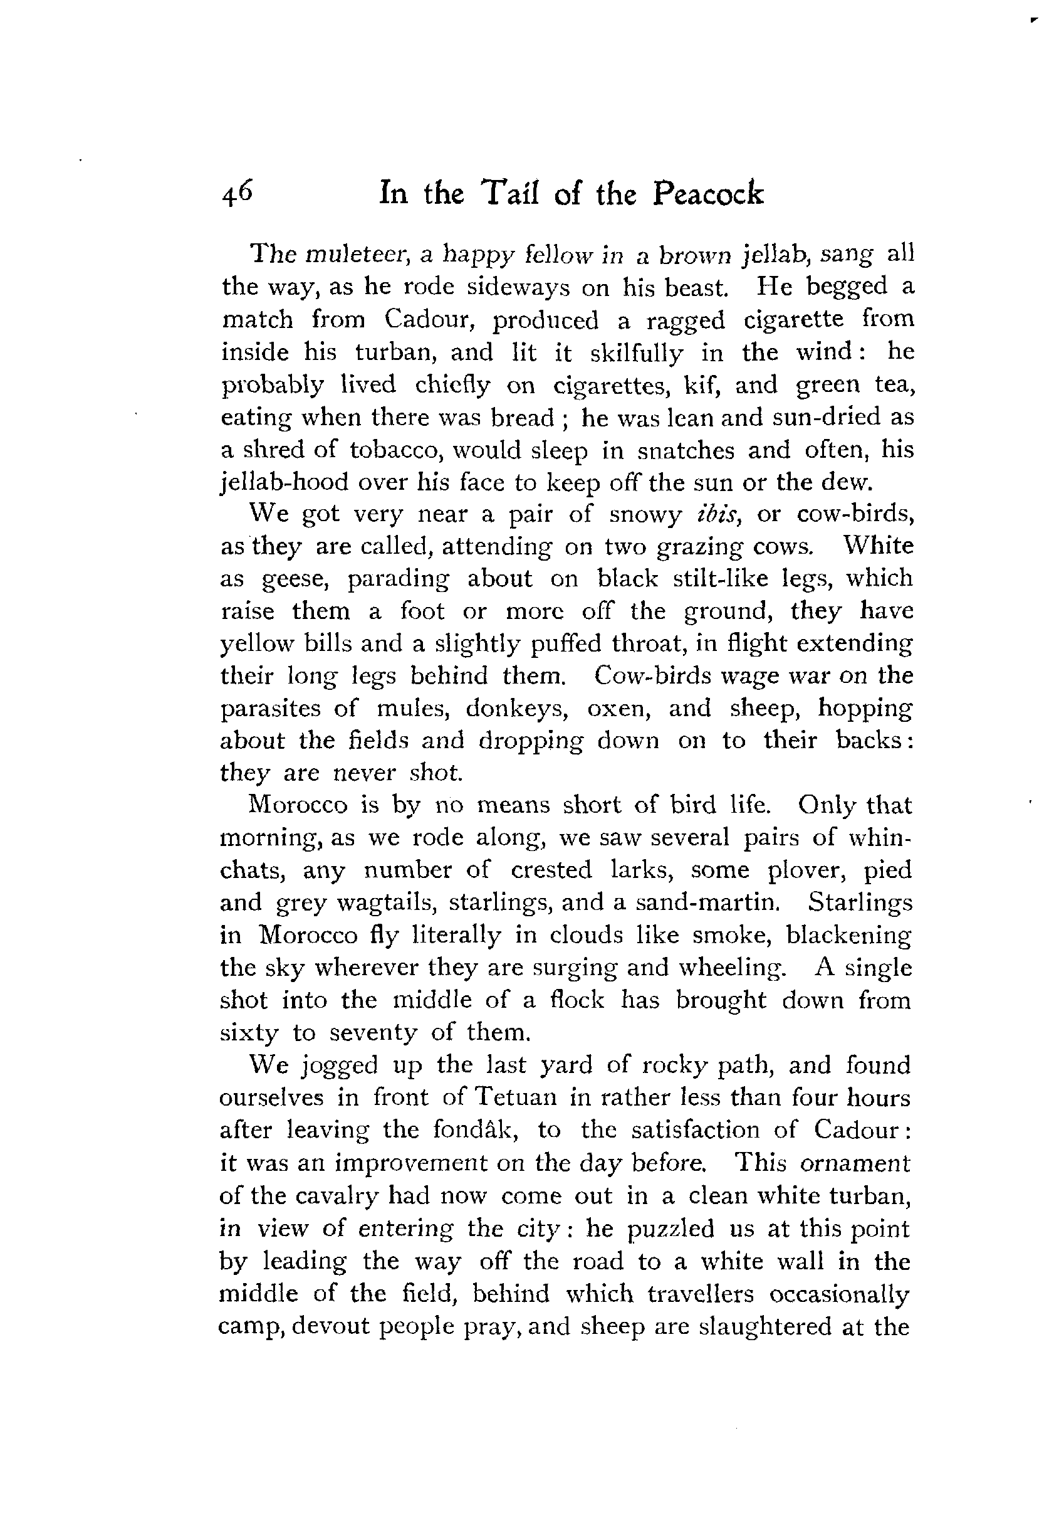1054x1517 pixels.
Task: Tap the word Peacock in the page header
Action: coord(708,194)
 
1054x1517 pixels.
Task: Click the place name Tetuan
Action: coord(517,1097)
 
